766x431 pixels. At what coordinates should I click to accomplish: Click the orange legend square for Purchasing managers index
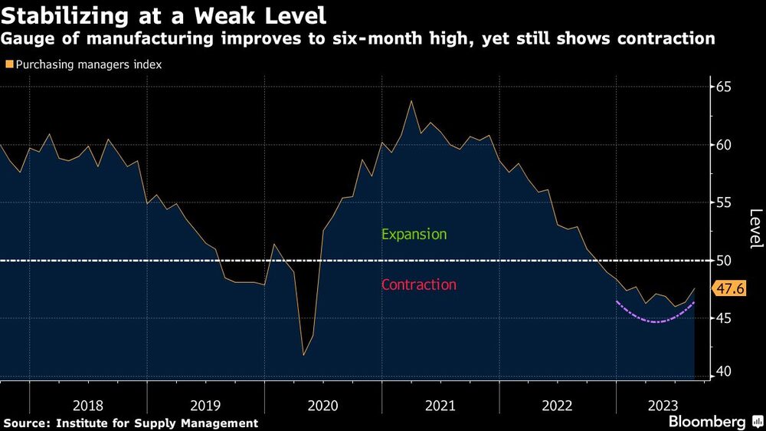coord(8,65)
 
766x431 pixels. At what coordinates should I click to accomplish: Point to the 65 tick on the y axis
coord(724,87)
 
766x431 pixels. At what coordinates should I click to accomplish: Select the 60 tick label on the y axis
coord(724,145)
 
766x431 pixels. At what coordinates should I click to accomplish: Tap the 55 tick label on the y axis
coord(724,203)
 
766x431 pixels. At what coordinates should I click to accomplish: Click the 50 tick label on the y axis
coord(724,261)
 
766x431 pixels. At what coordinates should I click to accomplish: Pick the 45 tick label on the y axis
coord(724,318)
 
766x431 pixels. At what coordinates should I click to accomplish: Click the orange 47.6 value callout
coord(728,289)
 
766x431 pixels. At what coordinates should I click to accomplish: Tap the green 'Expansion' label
coord(414,235)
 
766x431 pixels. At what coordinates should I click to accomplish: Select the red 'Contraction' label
coord(418,285)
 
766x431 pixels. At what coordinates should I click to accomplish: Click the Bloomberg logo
coord(708,422)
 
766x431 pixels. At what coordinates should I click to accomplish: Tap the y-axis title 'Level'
coord(755,229)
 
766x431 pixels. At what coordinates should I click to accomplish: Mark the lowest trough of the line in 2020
coord(303,355)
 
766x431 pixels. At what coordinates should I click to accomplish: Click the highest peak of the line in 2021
coord(411,101)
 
